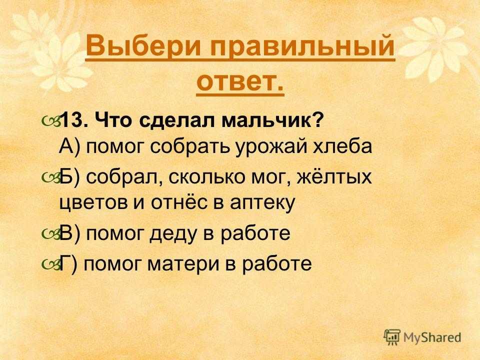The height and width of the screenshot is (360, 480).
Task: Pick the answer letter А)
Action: [x=69, y=146]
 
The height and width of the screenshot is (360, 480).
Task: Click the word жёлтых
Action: [x=334, y=176]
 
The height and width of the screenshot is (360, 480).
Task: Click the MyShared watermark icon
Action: [x=392, y=337]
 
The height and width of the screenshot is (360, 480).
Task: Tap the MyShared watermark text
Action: [x=432, y=337]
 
